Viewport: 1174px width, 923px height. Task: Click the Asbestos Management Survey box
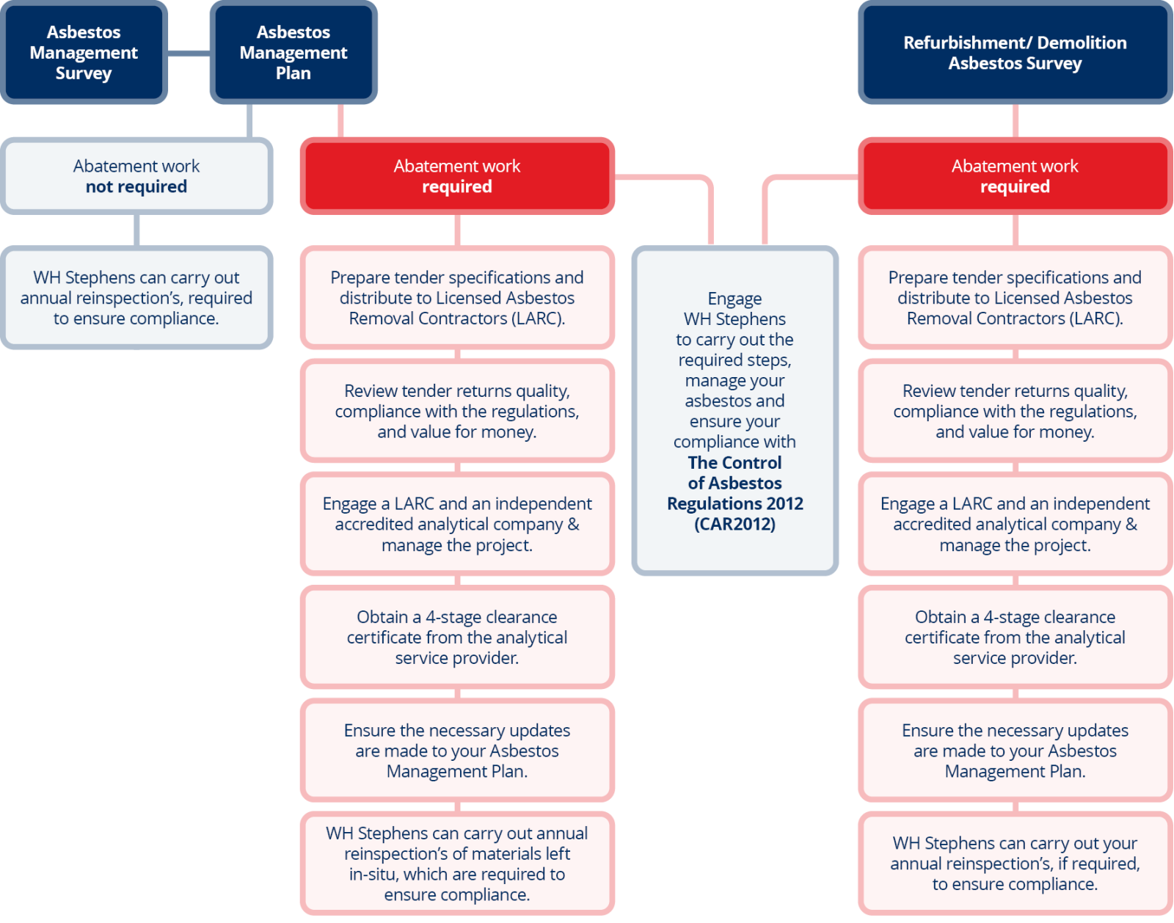pos(84,52)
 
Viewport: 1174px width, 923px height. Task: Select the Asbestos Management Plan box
pos(293,52)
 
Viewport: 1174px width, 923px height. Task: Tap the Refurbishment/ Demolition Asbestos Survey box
pos(1015,52)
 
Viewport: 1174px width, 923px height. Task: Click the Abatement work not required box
pos(136,176)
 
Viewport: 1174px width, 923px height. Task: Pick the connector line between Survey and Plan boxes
pos(189,53)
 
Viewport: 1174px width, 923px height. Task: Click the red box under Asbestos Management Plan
pos(456,176)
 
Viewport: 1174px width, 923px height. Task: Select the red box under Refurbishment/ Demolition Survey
pos(1015,176)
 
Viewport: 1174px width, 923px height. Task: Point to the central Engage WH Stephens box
pos(734,411)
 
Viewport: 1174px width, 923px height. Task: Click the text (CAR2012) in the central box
pos(734,524)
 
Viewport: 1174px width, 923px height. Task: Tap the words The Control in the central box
pos(734,462)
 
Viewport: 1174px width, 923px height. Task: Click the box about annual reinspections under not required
pos(136,298)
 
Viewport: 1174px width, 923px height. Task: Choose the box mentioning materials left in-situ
pos(456,864)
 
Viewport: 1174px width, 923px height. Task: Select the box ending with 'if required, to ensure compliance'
pos(1015,864)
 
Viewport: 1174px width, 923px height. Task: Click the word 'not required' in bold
pos(136,186)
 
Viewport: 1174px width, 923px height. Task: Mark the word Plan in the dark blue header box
pos(293,73)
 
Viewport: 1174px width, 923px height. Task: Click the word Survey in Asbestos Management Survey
pos(84,73)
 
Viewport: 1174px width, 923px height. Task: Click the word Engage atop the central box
pos(734,299)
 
